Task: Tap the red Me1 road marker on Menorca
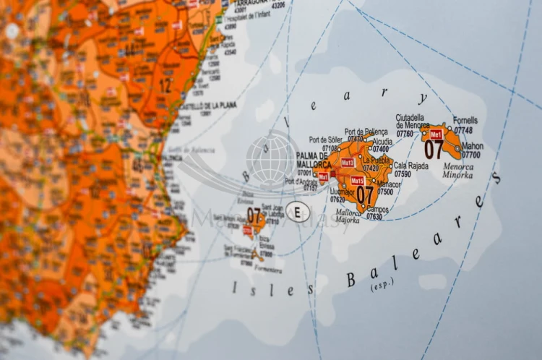(x=436, y=134)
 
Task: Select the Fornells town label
(x=465, y=121)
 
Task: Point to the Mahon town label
(x=473, y=145)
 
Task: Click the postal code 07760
(x=405, y=133)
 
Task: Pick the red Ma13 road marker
(x=348, y=162)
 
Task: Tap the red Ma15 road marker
(x=357, y=180)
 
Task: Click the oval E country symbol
(x=298, y=211)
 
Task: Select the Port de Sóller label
(x=324, y=140)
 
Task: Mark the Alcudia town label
(x=382, y=142)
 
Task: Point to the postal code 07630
(x=374, y=216)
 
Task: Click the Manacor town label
(x=387, y=184)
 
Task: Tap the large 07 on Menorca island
(x=434, y=150)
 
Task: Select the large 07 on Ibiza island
(x=254, y=215)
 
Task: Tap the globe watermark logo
(x=272, y=156)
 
